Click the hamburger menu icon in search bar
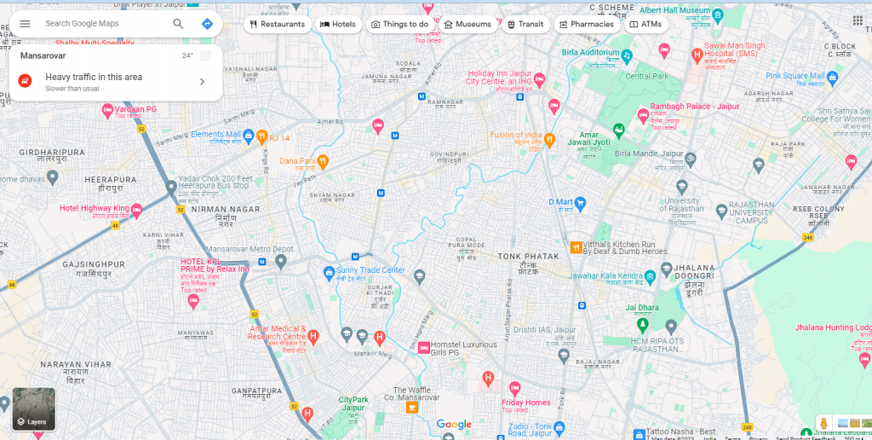coord(25,24)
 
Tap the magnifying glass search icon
coord(178,24)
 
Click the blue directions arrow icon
coord(207,24)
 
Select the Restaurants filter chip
coord(277,25)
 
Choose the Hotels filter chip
coord(338,25)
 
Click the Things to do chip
coord(399,25)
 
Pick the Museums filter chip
coord(468,25)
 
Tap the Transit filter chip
coord(525,25)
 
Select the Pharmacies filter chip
coord(586,25)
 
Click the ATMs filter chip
coord(645,25)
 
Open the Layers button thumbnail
coord(34,409)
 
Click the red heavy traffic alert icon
coord(26,81)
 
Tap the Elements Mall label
coord(216,135)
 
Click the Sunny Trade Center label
coord(370,271)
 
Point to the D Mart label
coord(560,203)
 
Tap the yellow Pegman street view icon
coord(823,424)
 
